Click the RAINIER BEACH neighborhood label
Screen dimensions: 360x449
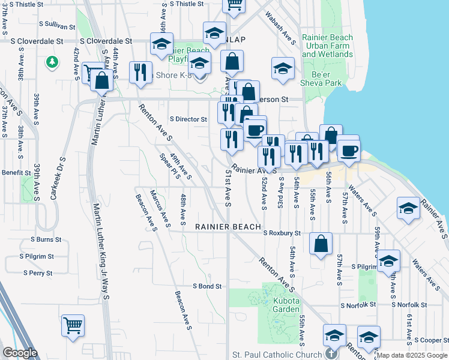pyautogui.click(x=228, y=227)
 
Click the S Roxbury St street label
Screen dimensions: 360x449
pyautogui.click(x=281, y=233)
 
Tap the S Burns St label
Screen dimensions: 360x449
pyautogui.click(x=46, y=239)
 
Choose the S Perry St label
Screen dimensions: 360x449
pyautogui.click(x=38, y=273)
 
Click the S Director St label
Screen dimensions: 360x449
pyautogui.click(x=188, y=119)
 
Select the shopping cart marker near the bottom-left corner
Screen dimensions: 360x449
pyautogui.click(x=73, y=326)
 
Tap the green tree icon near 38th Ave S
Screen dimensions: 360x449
pyautogui.click(x=52, y=61)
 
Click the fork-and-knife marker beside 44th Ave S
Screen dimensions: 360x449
pyautogui.click(x=140, y=73)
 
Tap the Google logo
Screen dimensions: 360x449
pyautogui.click(x=20, y=353)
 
